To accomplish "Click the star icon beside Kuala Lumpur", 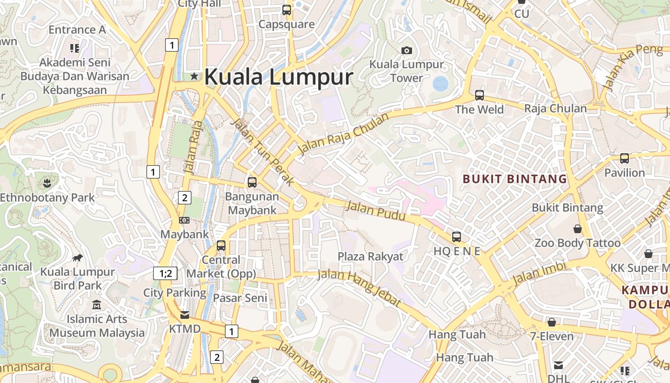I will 194,76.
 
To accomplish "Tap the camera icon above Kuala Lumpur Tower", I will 406,50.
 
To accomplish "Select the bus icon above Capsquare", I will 286,10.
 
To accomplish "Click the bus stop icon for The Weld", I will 480,95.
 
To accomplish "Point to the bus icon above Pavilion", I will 625,158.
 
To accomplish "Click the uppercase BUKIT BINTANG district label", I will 514,180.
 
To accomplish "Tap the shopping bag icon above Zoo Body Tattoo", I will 578,229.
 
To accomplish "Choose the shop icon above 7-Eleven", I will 552,322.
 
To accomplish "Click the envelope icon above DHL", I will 558,365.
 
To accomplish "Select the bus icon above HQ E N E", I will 457,237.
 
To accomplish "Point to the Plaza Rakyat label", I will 370,257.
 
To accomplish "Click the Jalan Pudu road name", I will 375,211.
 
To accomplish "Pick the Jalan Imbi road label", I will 539,273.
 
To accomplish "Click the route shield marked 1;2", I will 165,273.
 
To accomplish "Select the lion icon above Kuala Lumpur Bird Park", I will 78,259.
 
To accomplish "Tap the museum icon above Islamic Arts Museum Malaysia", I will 97,305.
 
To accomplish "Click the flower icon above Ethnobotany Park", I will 47,182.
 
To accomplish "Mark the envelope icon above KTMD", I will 185,315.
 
